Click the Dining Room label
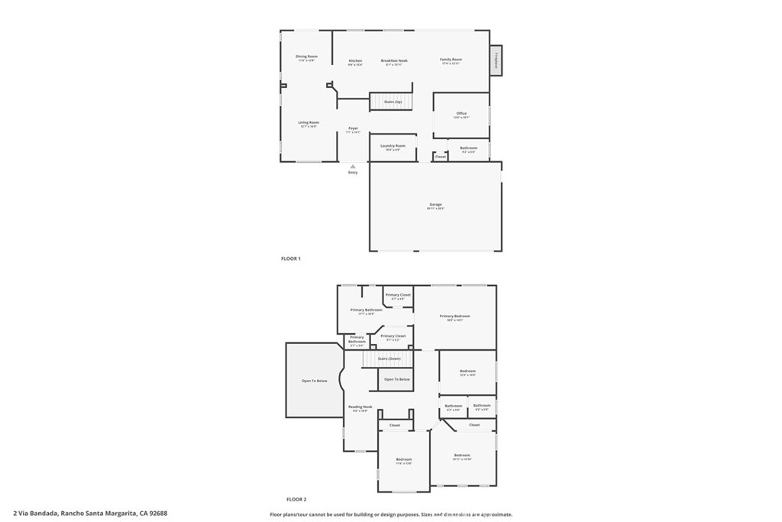306,57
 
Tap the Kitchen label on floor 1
355,61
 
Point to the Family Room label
451,60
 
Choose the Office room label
461,114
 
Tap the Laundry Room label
394,146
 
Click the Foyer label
353,128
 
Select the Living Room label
309,122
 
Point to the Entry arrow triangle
353,165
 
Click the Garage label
435,205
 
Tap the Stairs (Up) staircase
393,102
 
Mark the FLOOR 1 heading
291,259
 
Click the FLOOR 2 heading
296,498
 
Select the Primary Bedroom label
454,316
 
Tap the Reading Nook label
360,407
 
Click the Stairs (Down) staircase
389,358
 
